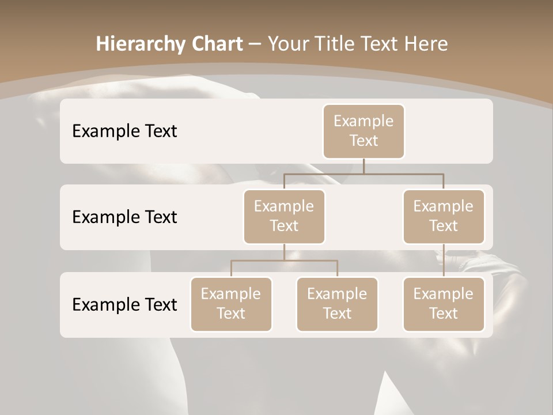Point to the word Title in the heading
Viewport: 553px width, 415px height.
(x=343, y=44)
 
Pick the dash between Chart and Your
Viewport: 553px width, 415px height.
(x=255, y=44)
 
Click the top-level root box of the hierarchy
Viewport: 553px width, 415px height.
(x=363, y=131)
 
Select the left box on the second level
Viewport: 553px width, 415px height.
(x=284, y=217)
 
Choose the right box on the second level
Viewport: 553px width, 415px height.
(x=444, y=217)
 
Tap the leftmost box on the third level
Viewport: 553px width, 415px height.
(x=231, y=304)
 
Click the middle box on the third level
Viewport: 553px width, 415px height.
(x=337, y=304)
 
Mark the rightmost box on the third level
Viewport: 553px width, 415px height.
(x=444, y=304)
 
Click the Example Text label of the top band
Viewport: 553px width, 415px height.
(x=124, y=131)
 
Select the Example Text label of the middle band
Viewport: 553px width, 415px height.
(x=124, y=217)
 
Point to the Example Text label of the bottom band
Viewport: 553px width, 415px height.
(x=124, y=305)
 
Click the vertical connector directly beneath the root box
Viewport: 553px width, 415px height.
(x=363, y=166)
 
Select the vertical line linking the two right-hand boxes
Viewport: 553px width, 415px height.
(x=444, y=261)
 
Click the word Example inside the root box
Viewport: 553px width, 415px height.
(x=363, y=122)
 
